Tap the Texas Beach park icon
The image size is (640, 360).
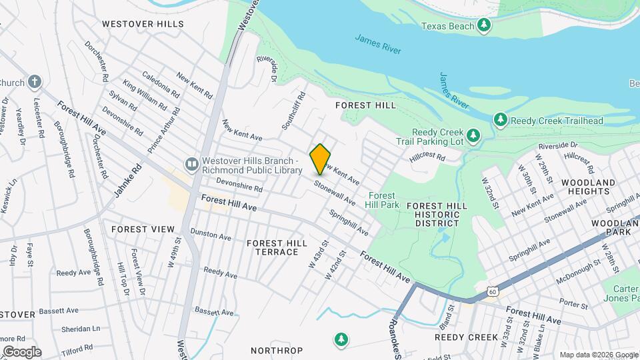coord(485,26)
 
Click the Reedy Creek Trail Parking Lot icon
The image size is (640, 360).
coord(473,136)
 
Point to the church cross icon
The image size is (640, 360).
coord(35,83)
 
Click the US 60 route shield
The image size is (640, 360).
coord(492,291)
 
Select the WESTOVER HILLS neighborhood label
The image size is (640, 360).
coord(143,24)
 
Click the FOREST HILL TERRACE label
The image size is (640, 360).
coord(273,247)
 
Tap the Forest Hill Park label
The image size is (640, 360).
coord(383,200)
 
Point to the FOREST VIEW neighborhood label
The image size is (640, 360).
coord(143,229)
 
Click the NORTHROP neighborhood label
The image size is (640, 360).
coord(277,351)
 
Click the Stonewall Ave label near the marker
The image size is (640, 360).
coord(335,193)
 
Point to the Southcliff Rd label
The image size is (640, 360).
coord(293,111)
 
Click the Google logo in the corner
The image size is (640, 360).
coord(23,351)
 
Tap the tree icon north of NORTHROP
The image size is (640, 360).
coord(341,340)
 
